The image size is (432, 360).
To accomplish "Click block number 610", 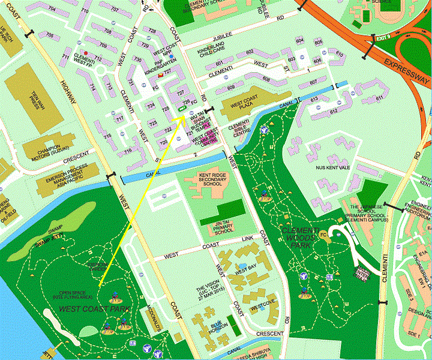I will coord(340,54).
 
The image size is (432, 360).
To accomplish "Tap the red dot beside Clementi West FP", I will coord(87,53).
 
